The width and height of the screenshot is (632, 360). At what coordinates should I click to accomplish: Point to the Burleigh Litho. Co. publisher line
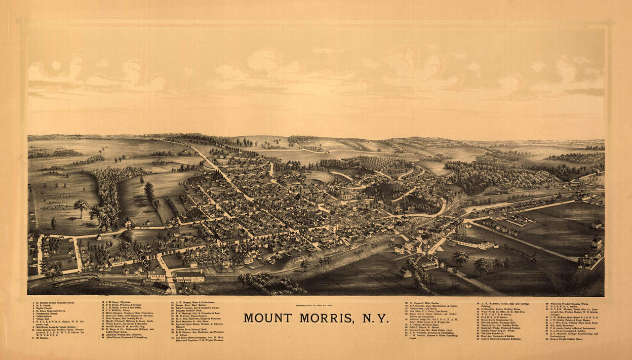316,307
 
